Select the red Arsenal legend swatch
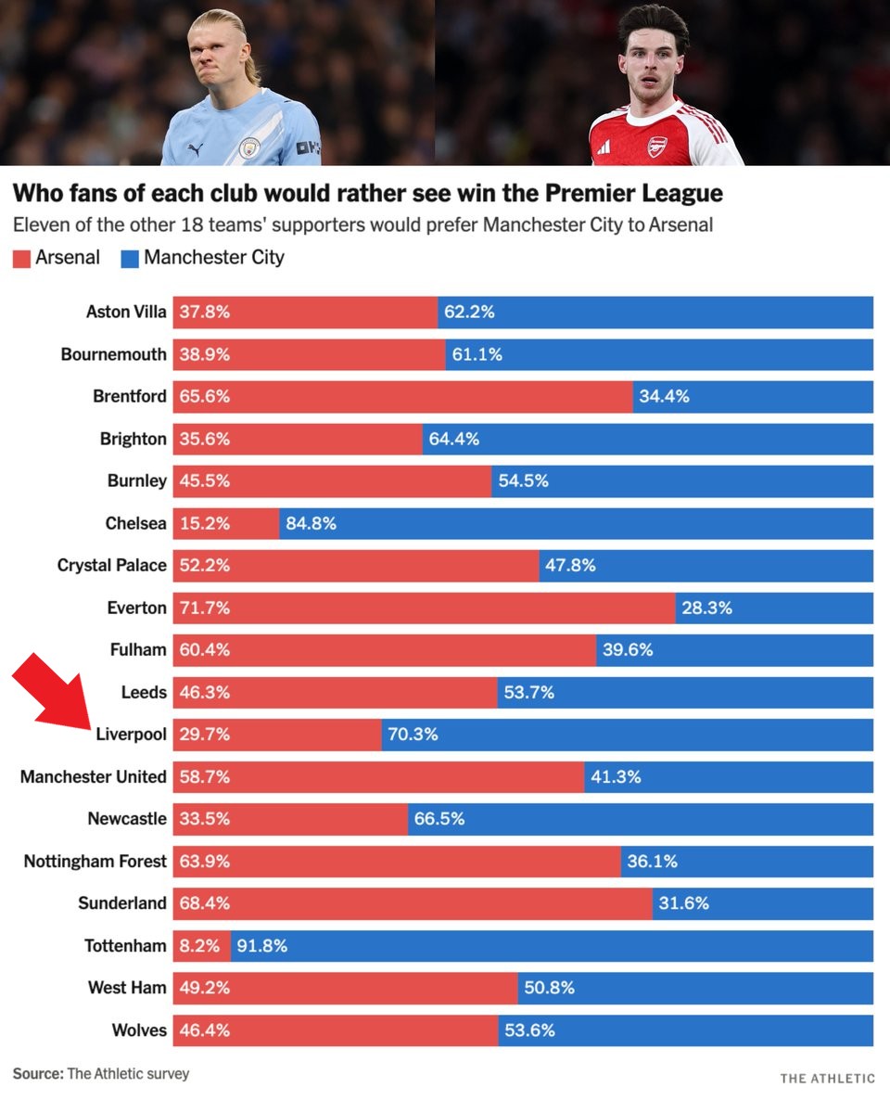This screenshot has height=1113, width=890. (22, 258)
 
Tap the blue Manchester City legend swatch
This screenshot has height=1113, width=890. (129, 258)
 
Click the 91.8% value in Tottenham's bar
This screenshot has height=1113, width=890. (262, 946)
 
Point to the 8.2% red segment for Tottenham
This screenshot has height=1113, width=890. (199, 946)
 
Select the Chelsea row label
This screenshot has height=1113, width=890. (135, 523)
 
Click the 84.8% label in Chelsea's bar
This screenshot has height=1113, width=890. (311, 523)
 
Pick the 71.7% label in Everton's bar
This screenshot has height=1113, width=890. (204, 608)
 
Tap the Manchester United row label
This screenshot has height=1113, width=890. (94, 776)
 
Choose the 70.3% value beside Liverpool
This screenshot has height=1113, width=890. (413, 735)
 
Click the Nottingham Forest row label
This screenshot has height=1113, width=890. (95, 861)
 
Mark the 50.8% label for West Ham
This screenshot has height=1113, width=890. (549, 988)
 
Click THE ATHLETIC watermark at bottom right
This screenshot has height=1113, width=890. (827, 1078)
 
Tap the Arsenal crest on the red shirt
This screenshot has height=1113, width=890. (657, 147)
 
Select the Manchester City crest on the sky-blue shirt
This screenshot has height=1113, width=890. (248, 149)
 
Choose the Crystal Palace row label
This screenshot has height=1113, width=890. (112, 565)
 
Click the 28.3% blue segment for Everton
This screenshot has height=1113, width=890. (774, 608)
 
